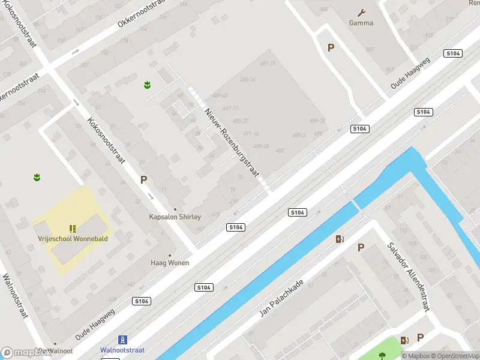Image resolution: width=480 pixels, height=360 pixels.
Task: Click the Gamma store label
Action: click(x=361, y=23)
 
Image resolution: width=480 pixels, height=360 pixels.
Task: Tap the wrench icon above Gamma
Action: click(x=361, y=12)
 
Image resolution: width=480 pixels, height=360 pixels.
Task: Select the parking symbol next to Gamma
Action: click(x=331, y=48)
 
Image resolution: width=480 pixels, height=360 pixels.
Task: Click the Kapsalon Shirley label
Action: click(x=175, y=217)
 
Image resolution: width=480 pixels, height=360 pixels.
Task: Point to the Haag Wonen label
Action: click(x=170, y=263)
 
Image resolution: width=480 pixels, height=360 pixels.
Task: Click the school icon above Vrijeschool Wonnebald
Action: click(x=72, y=229)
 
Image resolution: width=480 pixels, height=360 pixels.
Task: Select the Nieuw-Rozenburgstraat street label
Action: click(x=231, y=142)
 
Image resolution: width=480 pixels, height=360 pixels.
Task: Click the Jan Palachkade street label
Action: click(x=281, y=298)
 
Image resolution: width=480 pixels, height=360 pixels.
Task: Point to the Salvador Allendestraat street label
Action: click(x=408, y=277)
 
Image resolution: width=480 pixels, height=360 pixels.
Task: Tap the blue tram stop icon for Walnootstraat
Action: click(x=122, y=340)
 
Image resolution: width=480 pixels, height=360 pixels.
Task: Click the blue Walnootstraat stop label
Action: click(x=122, y=350)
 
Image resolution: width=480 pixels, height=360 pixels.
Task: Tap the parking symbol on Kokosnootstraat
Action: click(x=143, y=179)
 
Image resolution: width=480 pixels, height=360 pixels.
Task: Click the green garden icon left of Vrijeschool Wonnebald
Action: click(x=37, y=177)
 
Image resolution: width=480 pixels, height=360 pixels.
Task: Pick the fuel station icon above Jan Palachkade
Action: click(x=340, y=239)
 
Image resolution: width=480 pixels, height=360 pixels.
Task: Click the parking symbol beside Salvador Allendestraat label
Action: click(x=361, y=247)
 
